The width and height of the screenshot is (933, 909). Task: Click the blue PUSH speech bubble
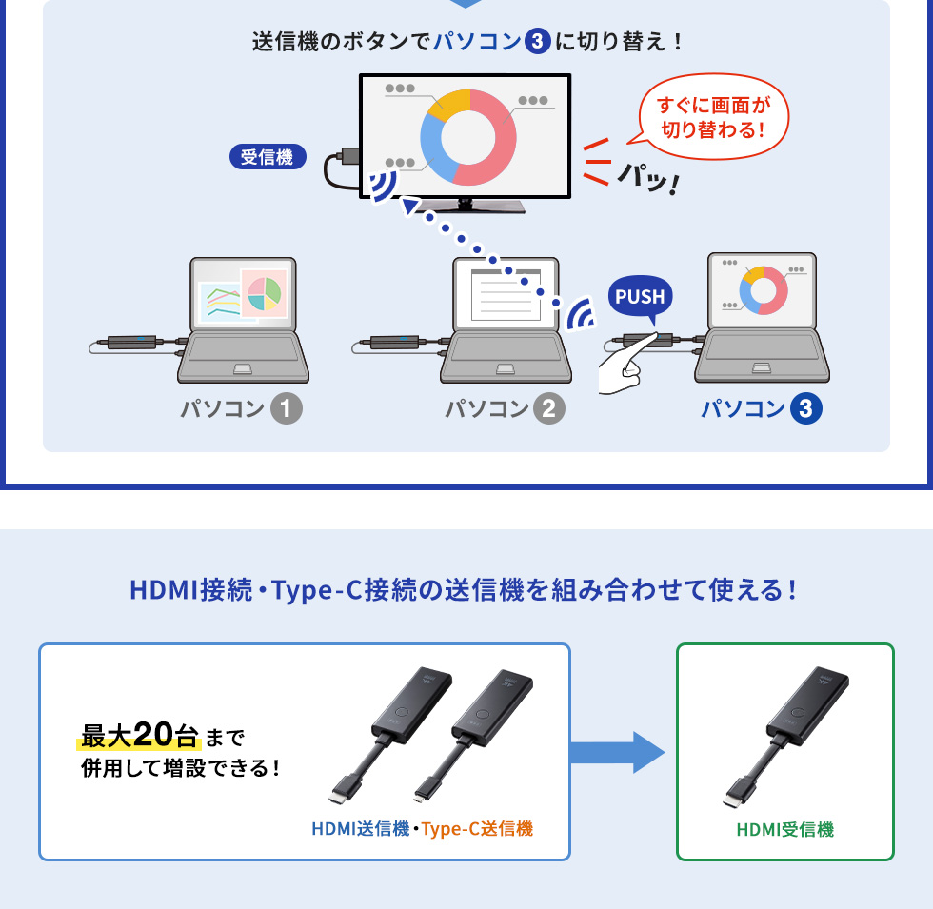[x=640, y=297]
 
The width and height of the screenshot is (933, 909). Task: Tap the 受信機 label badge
[x=267, y=157]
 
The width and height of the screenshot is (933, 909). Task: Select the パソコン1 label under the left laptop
[x=241, y=409]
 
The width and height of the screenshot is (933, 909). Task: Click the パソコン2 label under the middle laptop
[x=505, y=409]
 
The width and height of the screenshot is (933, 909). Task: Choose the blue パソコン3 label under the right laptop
[x=761, y=409]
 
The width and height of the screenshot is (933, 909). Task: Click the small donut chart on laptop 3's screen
[x=763, y=289]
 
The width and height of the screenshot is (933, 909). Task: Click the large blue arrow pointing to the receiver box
[x=617, y=752]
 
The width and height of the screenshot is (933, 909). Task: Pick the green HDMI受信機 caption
[x=784, y=830]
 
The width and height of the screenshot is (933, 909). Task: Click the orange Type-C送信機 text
[x=477, y=829]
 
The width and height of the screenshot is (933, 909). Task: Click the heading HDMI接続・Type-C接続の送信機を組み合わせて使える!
[x=464, y=590]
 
